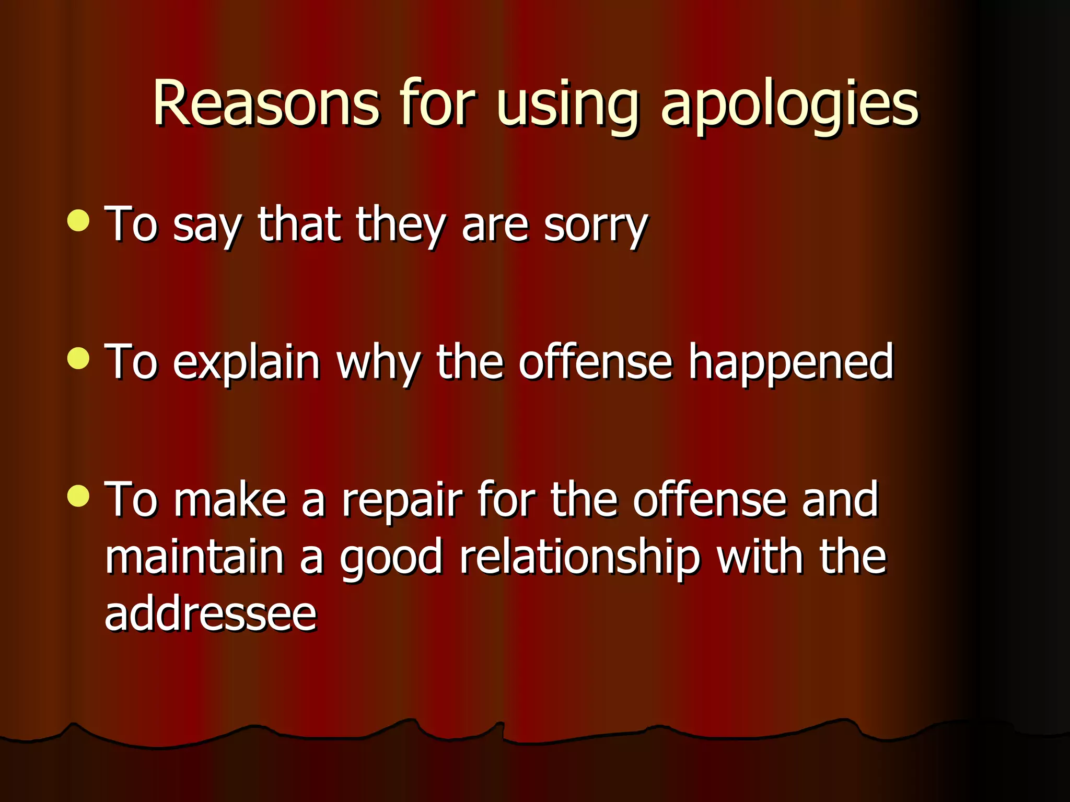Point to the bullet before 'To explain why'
pyautogui.click(x=78, y=359)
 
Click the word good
pyautogui.click(x=391, y=559)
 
